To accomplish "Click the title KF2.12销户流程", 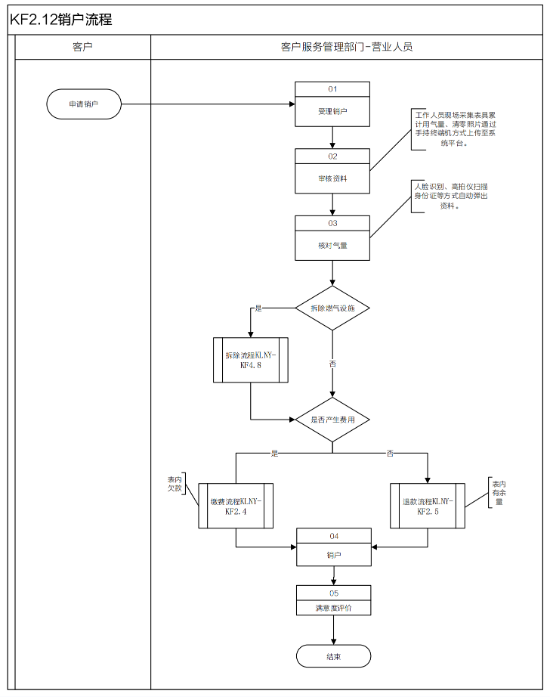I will (x=61, y=20).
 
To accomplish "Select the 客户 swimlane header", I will (x=82, y=47).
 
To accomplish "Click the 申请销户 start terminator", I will (x=84, y=104).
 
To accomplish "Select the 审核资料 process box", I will (x=332, y=178).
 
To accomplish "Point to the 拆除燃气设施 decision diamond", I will (x=332, y=308).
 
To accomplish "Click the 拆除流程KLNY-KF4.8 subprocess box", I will (x=251, y=360).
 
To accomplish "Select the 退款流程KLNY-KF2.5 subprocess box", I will (x=428, y=506).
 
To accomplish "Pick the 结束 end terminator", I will (x=333, y=656).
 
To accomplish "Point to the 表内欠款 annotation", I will (x=175, y=484).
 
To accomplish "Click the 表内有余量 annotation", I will (x=499, y=492).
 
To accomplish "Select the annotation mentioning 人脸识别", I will (x=450, y=195).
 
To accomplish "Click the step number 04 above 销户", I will (x=333, y=535).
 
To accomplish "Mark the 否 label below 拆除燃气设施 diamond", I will (x=332, y=364).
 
